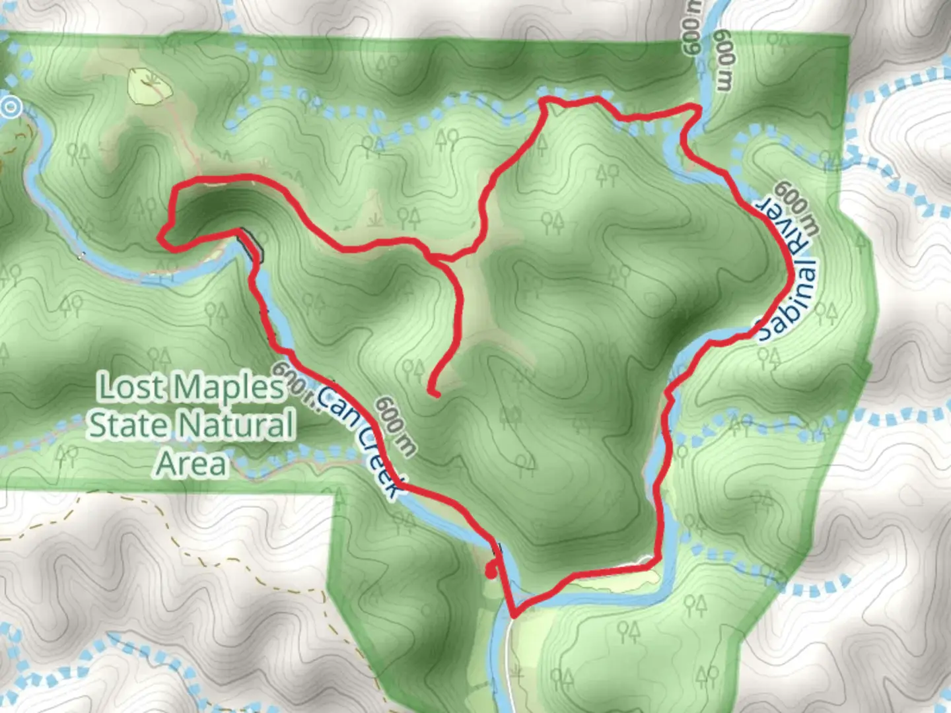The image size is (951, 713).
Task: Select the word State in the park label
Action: point(128,425)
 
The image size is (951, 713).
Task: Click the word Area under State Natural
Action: point(192,463)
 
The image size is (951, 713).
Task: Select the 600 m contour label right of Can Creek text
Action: point(396,426)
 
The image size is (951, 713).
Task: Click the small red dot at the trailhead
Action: point(491,572)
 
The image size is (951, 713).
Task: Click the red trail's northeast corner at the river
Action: point(696,108)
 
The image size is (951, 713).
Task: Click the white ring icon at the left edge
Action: point(10,106)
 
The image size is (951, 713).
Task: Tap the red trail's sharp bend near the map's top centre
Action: point(546,102)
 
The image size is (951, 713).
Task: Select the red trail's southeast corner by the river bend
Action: point(657,560)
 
